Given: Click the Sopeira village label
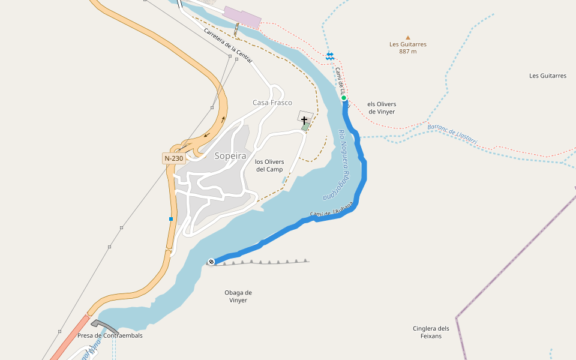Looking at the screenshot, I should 230,156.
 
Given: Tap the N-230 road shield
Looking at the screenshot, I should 173,158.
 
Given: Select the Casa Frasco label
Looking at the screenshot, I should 272,103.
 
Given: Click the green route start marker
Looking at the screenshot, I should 344,98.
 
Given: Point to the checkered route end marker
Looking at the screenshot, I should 211,261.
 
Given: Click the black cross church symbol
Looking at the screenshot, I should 305,120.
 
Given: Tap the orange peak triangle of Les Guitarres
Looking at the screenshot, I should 408,37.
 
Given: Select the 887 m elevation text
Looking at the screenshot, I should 408,52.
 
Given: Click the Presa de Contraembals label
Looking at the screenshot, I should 110,335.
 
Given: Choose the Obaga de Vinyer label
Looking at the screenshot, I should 238,296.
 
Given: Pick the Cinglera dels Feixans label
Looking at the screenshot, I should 431,332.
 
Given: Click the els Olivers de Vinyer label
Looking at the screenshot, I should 382,108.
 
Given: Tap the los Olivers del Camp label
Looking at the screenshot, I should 269,166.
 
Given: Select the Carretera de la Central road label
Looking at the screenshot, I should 228,46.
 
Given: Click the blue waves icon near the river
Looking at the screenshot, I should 330,56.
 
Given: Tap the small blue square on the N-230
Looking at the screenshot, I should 171,219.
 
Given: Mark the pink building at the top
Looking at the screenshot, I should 242,17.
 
